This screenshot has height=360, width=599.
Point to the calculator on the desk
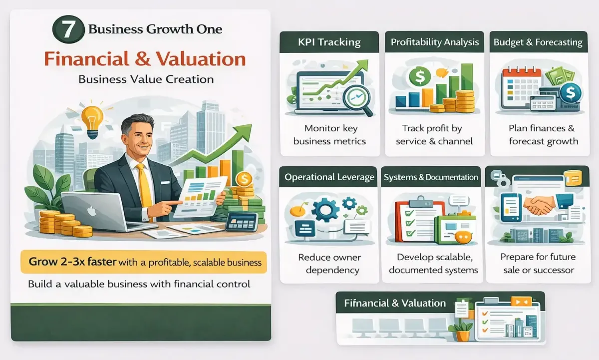point(242,221)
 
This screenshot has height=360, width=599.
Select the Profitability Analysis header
point(434,42)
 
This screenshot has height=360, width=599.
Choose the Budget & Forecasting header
point(538,42)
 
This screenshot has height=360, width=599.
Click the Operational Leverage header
point(329,177)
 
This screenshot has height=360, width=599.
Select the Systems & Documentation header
point(431,177)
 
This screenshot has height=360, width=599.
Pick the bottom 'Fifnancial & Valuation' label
point(394,303)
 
